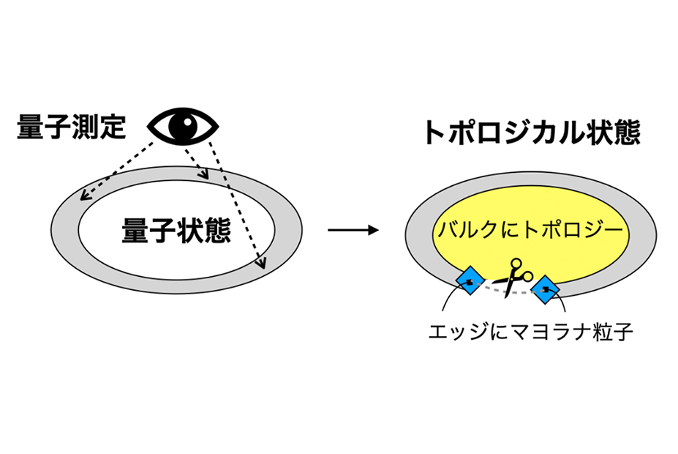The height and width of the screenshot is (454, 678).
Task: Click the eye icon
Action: (183, 127)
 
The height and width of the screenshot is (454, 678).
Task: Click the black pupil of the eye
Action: (183, 126)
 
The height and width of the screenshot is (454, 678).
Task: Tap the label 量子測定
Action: (72, 127)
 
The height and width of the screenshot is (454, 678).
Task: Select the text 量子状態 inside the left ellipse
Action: (176, 230)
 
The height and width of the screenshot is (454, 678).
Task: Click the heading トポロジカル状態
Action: (532, 132)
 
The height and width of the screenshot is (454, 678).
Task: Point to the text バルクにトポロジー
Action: (530, 229)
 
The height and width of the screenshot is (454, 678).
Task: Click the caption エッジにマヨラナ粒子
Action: (530, 332)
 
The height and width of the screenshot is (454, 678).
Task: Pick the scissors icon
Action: (513, 278)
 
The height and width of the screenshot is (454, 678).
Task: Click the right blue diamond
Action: (545, 289)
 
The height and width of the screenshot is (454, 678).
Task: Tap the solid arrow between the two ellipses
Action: (353, 230)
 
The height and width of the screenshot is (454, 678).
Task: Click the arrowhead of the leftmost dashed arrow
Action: (84, 196)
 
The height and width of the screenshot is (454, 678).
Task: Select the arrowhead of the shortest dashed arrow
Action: (204, 174)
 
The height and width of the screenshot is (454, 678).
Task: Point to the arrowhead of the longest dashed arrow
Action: (261, 263)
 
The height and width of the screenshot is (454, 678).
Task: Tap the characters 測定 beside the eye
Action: (99, 127)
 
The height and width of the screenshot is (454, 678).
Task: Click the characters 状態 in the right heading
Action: (613, 132)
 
